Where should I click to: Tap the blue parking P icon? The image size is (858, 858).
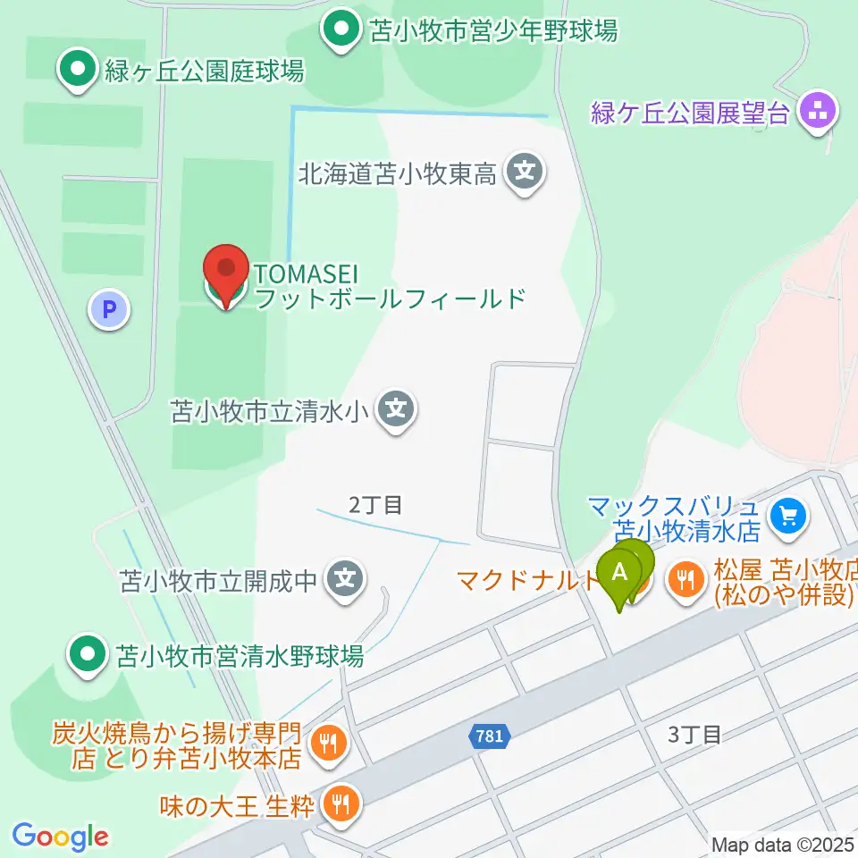(109, 310)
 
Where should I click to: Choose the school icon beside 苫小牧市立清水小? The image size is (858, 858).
(397, 410)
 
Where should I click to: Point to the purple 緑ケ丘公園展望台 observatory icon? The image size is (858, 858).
(817, 114)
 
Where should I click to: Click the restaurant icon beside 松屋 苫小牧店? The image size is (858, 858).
(686, 581)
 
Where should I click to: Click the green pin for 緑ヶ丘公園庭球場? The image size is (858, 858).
(78, 69)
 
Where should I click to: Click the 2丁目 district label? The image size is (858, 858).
(375, 506)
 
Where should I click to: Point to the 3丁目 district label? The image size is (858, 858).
(694, 735)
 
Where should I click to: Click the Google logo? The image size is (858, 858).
(60, 837)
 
